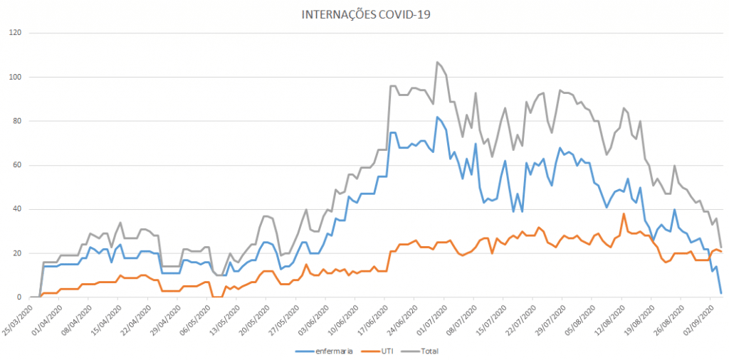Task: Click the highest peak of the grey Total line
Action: click(437, 62)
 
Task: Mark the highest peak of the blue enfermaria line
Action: click(437, 117)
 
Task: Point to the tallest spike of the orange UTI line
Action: click(624, 213)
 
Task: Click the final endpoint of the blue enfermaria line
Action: click(721, 292)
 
